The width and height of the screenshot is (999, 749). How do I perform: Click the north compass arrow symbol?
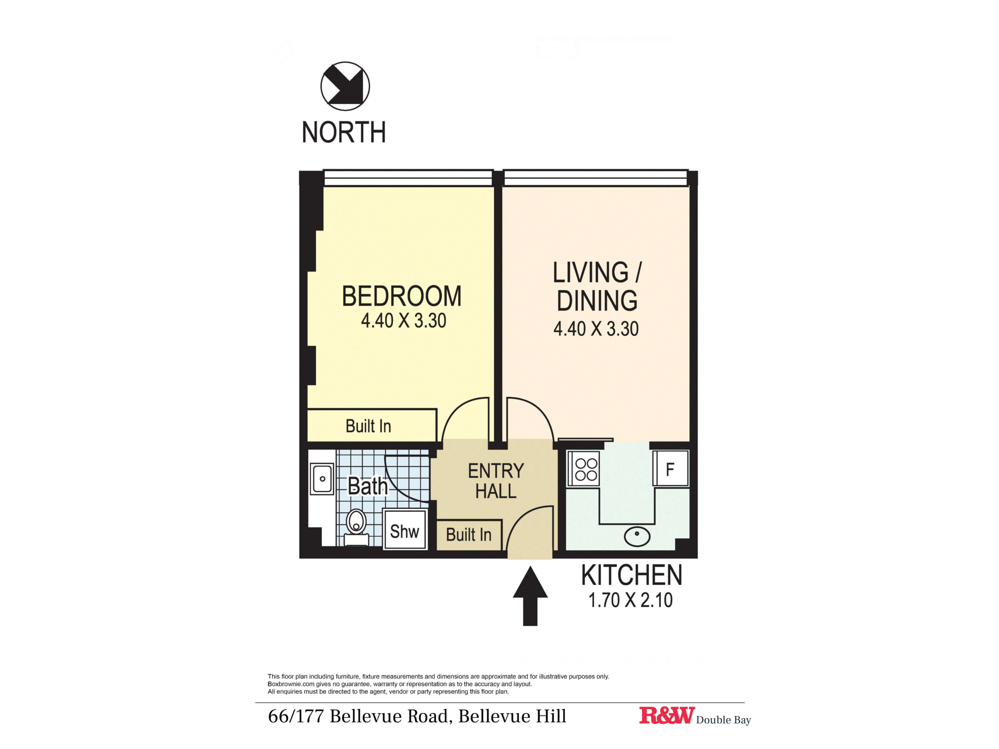345,86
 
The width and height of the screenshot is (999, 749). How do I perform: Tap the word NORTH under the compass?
344,132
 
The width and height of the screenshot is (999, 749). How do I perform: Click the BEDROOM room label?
402,296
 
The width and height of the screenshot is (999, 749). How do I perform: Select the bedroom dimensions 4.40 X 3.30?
404,321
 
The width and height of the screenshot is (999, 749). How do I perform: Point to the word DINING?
597,301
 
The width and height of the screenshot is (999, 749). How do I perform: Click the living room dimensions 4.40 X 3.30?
596,329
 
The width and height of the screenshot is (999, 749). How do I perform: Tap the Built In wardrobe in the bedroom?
369,426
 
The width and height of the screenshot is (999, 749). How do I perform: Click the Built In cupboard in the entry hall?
469,535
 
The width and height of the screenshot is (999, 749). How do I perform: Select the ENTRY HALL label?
496,481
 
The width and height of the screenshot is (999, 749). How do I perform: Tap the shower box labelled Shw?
405,531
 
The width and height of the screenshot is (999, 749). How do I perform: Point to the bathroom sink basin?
322,479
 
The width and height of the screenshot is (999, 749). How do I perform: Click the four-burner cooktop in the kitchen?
586,469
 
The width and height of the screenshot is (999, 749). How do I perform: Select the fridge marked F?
670,469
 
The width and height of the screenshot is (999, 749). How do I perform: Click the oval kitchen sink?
637,536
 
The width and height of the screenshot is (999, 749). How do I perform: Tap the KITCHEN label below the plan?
631,575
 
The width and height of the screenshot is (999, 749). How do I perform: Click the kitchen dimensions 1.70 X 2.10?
630,600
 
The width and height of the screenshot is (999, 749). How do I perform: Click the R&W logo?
666,716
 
